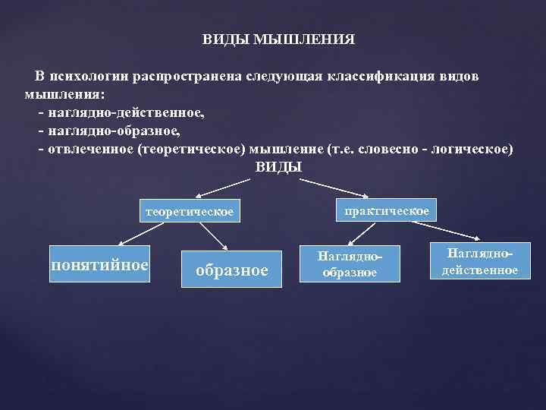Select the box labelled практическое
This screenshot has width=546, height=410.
pos(386,209)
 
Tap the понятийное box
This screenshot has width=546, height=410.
pos(99,264)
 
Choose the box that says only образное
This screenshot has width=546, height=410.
pos(231,269)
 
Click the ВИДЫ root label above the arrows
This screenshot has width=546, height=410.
pos(278,167)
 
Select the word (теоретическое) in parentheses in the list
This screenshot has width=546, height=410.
pos(189,147)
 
